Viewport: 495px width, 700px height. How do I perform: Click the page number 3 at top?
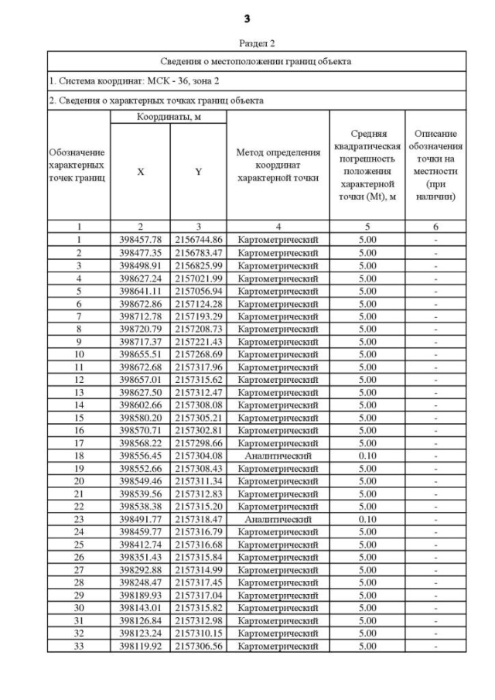pyautogui.click(x=248, y=17)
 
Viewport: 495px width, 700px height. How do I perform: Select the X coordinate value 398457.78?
pyautogui.click(x=140, y=241)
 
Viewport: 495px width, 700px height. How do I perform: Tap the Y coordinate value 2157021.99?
pyautogui.click(x=199, y=278)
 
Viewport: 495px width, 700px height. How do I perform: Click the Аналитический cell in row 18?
pyautogui.click(x=278, y=456)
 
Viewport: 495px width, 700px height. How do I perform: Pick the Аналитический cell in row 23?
pyautogui.click(x=278, y=519)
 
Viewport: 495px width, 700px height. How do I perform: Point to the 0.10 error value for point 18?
pyautogui.click(x=367, y=456)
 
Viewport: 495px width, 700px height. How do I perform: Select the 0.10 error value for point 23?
pyautogui.click(x=367, y=519)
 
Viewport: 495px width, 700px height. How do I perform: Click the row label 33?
pyautogui.click(x=79, y=646)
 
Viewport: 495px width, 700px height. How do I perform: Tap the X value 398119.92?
pyautogui.click(x=140, y=646)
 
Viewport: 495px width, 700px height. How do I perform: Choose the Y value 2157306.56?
pyautogui.click(x=199, y=646)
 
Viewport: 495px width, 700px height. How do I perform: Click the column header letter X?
pyautogui.click(x=140, y=172)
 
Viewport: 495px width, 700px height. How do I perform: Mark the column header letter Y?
pyautogui.click(x=199, y=172)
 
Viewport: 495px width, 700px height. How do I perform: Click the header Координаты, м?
pyautogui.click(x=168, y=117)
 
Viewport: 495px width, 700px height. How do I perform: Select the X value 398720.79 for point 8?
pyautogui.click(x=140, y=329)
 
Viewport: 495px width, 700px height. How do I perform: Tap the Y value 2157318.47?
pyautogui.click(x=199, y=519)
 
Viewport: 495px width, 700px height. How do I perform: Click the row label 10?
pyautogui.click(x=79, y=354)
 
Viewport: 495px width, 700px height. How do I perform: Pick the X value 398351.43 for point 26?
pyautogui.click(x=140, y=557)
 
